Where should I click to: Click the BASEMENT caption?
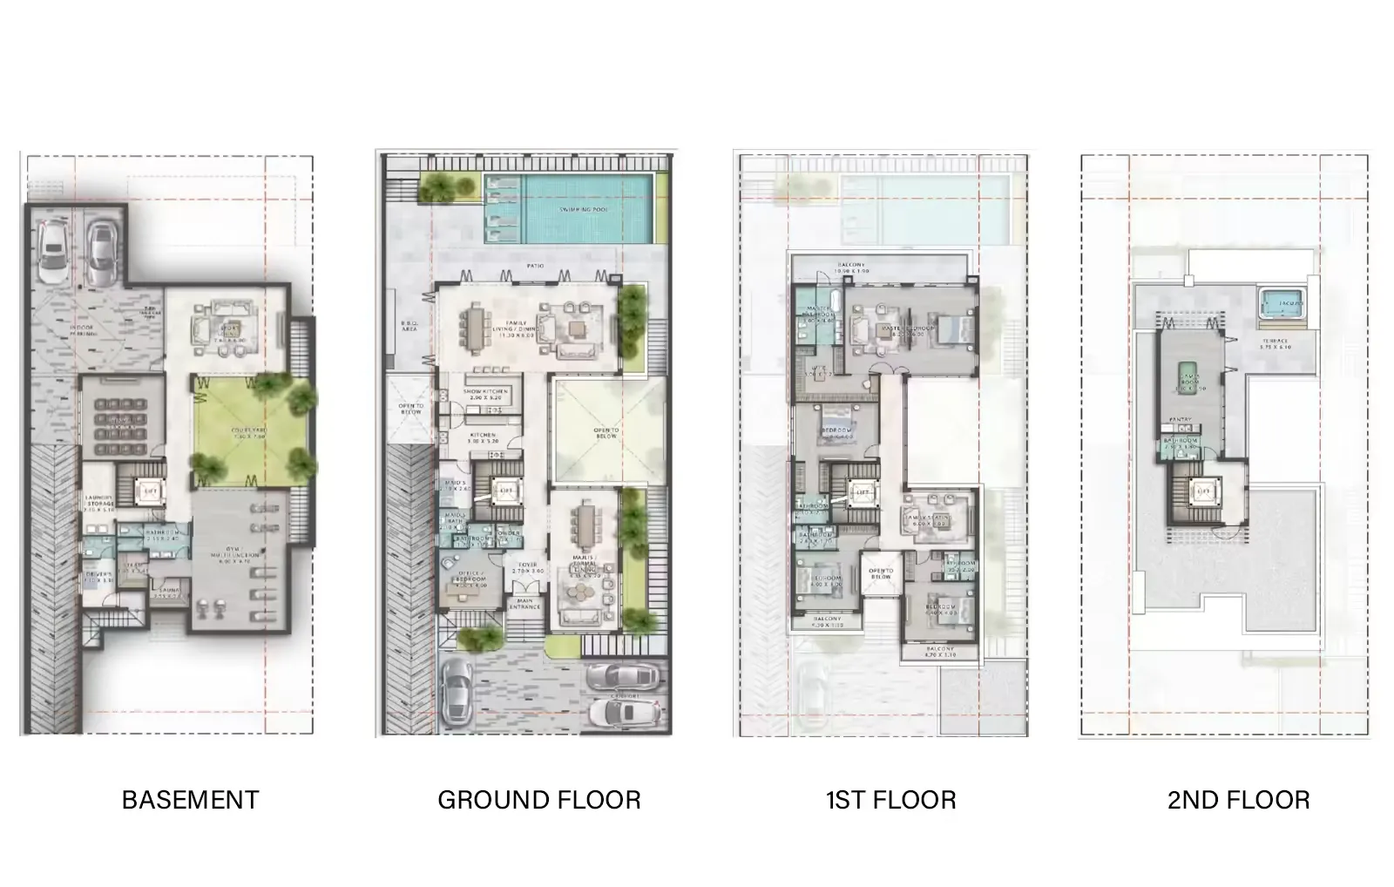tap(190, 800)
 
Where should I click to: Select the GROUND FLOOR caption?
tap(538, 800)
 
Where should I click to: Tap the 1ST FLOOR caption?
tap(890, 800)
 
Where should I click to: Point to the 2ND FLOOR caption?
tap(1238, 800)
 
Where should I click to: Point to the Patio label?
tap(536, 265)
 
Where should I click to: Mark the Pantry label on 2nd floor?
tap(1181, 420)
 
